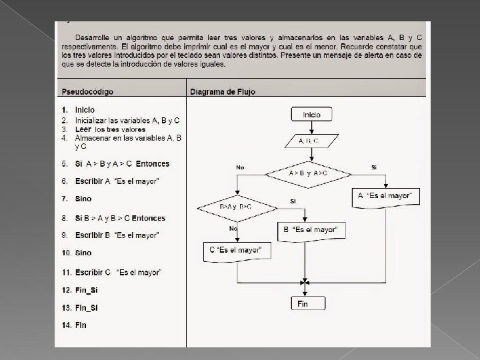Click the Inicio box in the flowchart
311,115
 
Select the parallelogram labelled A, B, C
308,141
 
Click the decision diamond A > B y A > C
307,173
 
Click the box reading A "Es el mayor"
385,196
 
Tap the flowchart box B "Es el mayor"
311,230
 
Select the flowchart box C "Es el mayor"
236,251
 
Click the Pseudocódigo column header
87,91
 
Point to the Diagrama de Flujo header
222,91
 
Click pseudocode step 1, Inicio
84,109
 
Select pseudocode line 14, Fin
80,325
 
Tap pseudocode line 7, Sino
83,199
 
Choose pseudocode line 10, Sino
83,253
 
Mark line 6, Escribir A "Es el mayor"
117,181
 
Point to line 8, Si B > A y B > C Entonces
120,218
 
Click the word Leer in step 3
83,129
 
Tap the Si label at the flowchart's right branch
374,167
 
